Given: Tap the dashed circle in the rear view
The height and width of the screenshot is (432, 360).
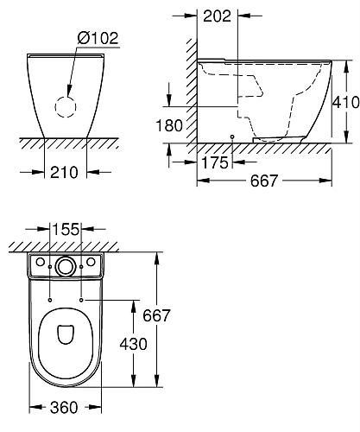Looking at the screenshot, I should pos(66,106).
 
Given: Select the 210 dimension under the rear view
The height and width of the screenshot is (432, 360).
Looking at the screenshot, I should pos(66,171).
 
